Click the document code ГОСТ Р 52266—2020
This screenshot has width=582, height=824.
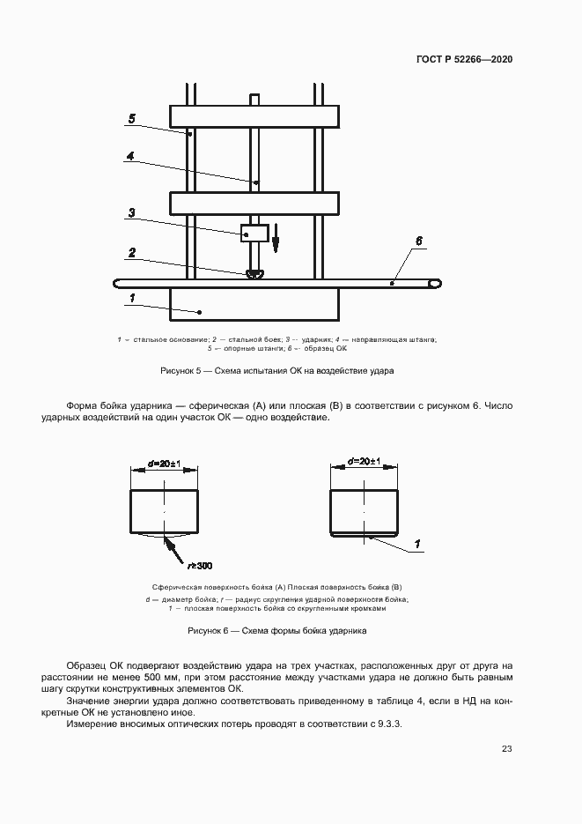[464, 59]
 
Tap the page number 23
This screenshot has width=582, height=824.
[507, 749]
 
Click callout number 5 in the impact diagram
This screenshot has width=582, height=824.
[131, 119]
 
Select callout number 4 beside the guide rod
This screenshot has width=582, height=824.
[129, 156]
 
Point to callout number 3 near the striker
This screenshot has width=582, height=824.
[131, 212]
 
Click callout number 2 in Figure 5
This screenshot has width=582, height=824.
[131, 253]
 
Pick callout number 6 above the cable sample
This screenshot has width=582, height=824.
[419, 240]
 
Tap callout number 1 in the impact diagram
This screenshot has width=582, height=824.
[131, 299]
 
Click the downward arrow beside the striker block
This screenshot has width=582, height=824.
[275, 237]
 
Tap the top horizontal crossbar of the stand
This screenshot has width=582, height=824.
[254, 116]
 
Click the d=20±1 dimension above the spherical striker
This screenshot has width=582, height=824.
[164, 463]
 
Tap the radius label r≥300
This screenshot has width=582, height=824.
[200, 565]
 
